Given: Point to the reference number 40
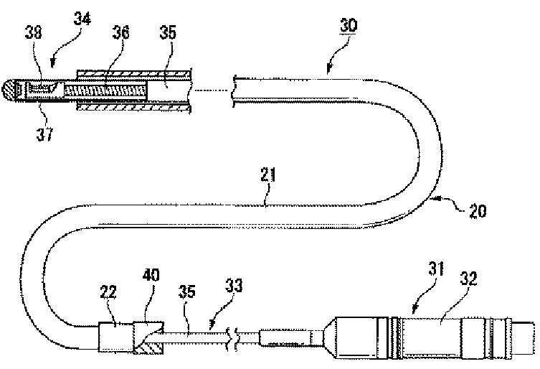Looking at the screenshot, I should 152,276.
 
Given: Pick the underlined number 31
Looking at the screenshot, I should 418,269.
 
